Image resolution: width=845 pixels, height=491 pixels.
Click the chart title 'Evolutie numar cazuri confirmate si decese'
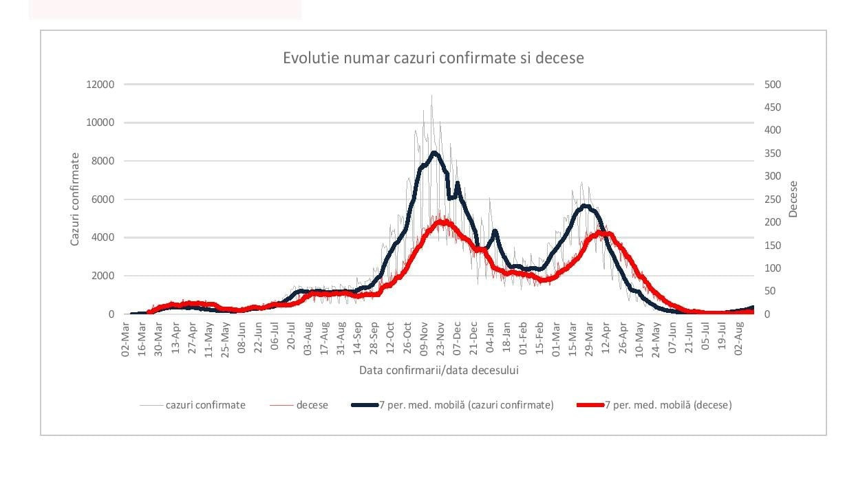pos(434,58)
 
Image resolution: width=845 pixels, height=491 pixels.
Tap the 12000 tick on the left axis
pos(100,85)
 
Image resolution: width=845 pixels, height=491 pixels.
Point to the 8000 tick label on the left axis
pos(103,161)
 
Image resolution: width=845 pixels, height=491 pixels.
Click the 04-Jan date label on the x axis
pos(490,337)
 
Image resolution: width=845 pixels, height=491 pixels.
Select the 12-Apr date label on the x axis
pos(606,337)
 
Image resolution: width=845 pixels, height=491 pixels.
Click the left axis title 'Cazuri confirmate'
pos(75,199)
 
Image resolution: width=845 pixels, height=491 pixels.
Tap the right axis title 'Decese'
pos(793,199)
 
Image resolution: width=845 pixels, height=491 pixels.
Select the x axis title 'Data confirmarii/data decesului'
pos(438,370)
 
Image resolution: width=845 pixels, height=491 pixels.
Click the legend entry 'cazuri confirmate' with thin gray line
pos(205,405)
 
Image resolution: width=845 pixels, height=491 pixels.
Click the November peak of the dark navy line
pos(434,153)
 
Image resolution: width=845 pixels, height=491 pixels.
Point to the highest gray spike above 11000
pos(431,96)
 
